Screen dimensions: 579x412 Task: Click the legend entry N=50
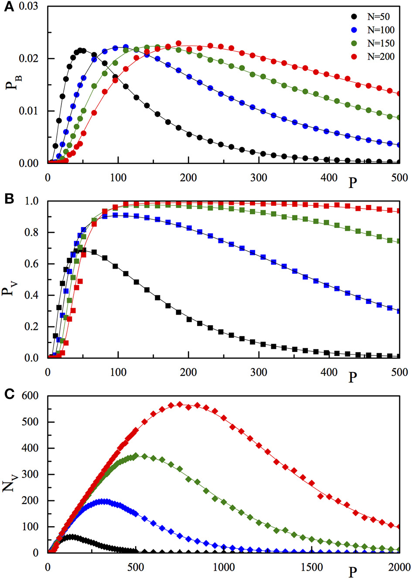point(373,17)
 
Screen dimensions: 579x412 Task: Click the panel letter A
point(8,7)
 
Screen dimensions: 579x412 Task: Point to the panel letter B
point(8,199)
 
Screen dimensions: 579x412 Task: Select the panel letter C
point(8,394)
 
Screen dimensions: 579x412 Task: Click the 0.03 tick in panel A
point(28,7)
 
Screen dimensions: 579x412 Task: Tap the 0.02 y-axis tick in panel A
point(28,58)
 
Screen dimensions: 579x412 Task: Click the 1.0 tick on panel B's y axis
point(32,201)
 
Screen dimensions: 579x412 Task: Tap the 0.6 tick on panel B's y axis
point(32,264)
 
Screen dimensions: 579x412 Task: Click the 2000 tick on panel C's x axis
point(398,567)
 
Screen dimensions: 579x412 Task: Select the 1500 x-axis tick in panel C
point(311,567)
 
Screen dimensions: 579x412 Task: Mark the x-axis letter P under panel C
point(352,572)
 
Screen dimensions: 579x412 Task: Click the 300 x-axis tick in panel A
point(259,177)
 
